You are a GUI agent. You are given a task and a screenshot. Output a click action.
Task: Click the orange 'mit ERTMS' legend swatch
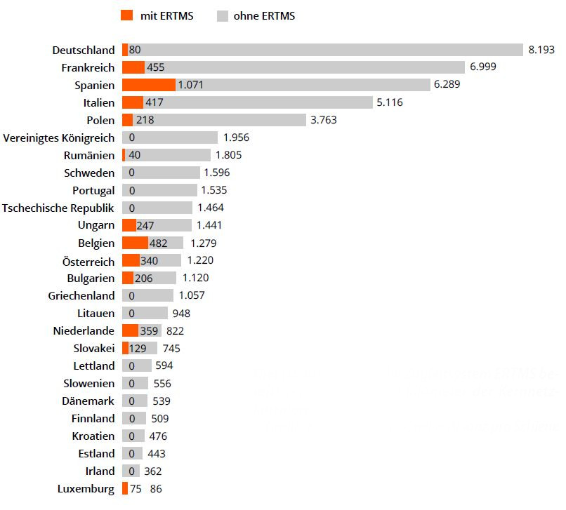126,15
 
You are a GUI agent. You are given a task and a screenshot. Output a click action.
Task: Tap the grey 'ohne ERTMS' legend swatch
223,15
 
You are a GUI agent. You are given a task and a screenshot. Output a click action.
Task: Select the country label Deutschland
83,50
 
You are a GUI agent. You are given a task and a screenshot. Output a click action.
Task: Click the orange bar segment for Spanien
148,85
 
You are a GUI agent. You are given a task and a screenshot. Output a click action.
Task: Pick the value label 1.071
190,85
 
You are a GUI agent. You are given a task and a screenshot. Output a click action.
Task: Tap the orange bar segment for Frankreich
133,67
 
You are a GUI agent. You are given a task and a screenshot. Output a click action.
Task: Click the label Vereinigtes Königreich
58,137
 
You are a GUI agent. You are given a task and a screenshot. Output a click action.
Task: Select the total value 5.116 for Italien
390,102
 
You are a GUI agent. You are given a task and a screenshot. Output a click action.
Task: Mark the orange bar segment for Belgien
134,243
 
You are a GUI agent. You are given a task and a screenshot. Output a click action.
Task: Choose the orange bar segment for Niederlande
130,330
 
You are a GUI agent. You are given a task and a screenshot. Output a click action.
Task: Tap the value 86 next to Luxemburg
156,489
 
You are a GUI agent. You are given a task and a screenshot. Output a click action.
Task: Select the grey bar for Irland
131,471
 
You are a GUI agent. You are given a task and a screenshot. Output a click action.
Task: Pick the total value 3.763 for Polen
323,120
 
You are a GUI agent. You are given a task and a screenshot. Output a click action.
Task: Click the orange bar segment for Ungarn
129,225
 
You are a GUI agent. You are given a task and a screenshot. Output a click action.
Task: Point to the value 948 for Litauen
181,313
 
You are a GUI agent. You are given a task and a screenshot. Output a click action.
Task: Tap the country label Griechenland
81,295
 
